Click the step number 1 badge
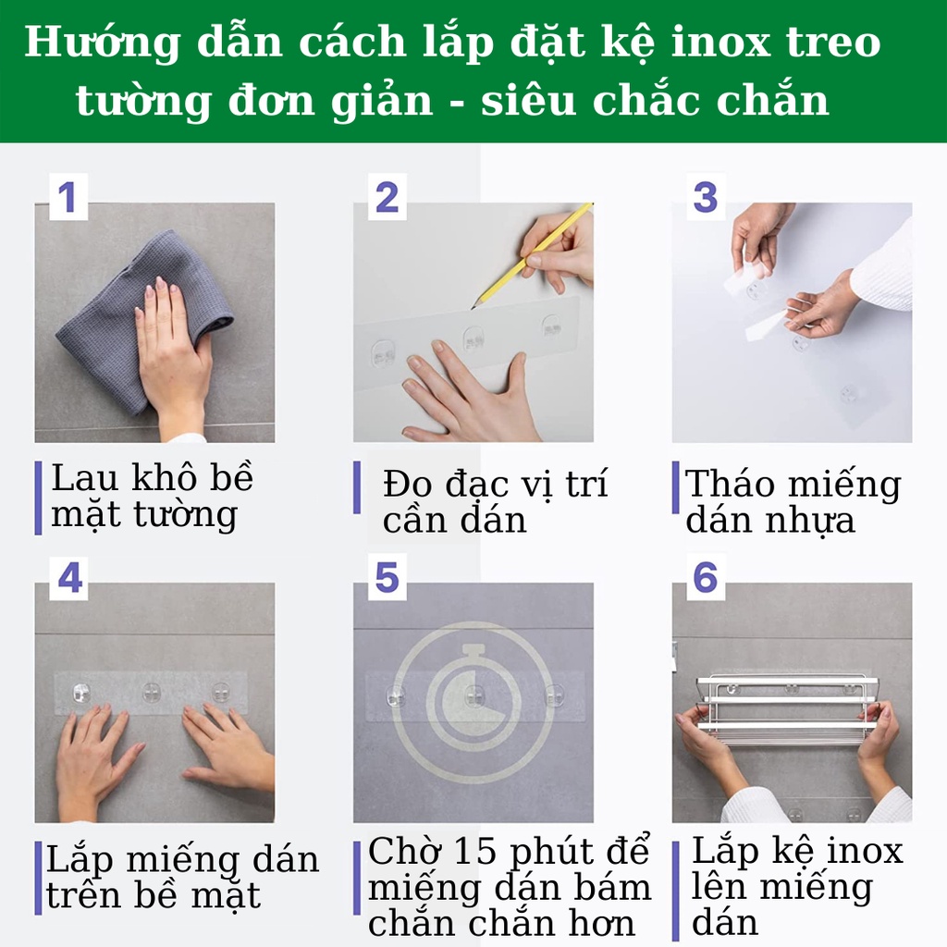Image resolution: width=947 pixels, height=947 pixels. (x=68, y=197)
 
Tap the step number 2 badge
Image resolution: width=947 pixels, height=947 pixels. (x=387, y=197)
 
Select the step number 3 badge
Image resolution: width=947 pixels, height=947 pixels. (x=706, y=197)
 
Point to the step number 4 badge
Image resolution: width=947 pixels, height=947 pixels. (x=68, y=577)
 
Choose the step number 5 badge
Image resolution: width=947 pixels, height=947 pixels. (x=387, y=577)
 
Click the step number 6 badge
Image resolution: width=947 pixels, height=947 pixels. (x=706, y=577)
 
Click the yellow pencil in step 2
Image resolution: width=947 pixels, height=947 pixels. (x=532, y=256)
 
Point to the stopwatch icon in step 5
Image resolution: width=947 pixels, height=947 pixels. (x=473, y=700)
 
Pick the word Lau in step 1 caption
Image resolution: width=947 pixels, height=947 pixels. (x=84, y=478)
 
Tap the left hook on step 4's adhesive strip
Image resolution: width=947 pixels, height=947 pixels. (x=81, y=693)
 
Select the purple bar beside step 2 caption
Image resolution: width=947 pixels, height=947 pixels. (x=357, y=487)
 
